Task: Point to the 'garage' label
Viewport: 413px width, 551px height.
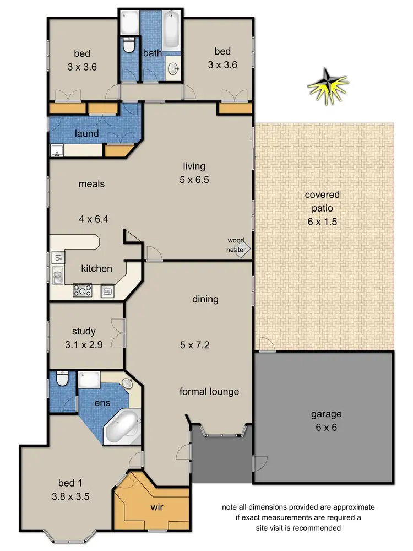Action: (x=326, y=414)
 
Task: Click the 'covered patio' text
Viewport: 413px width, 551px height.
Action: (x=322, y=201)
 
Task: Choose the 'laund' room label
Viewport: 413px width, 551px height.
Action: (x=87, y=133)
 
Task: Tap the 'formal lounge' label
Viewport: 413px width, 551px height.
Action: (x=209, y=392)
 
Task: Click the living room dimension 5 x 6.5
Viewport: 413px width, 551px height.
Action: (x=195, y=180)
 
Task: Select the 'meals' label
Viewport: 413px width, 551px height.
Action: (x=91, y=184)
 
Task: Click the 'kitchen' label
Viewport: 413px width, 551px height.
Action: (x=96, y=269)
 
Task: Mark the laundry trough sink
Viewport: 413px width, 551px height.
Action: (x=56, y=150)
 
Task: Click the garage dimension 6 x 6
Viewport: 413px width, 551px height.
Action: (x=326, y=428)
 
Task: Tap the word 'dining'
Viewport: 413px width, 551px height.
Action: (x=205, y=300)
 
